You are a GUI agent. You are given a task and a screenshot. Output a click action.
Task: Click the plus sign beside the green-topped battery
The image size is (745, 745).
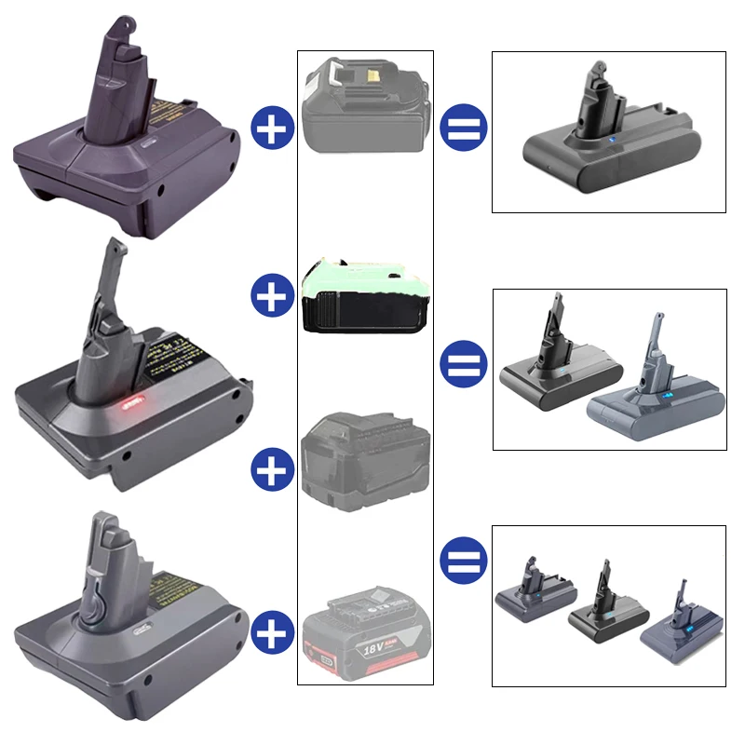point(273,298)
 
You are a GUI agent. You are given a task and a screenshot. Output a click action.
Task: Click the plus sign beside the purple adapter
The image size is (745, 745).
point(273,128)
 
